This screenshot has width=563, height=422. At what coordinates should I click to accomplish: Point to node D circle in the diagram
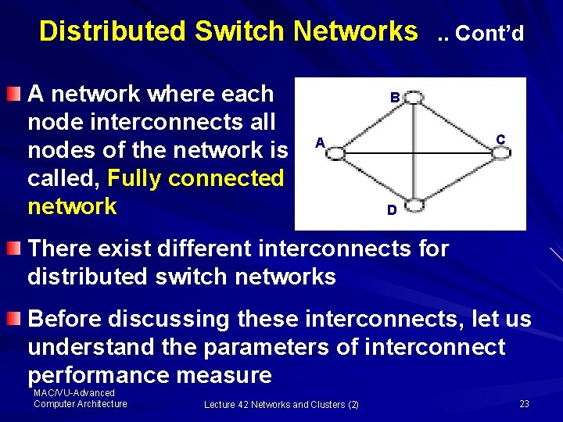pos(415,206)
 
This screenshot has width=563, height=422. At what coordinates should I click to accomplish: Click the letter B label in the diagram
pos(396,98)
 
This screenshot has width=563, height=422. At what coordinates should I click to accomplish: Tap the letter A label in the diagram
pos(319,142)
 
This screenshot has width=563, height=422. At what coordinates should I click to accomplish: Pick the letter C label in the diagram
pos(500,139)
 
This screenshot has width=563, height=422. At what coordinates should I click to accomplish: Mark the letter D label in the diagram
pos(392,210)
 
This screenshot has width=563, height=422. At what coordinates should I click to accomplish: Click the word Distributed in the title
pos(113,31)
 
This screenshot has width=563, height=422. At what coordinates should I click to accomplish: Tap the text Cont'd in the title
pos(489,34)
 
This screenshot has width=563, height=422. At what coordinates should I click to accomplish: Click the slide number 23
pos(524,404)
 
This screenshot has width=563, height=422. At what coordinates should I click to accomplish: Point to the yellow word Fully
pos(134,178)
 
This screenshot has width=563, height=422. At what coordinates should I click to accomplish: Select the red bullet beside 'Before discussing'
pos(14,319)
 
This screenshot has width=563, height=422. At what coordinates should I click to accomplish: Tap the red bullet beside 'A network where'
pos(14,95)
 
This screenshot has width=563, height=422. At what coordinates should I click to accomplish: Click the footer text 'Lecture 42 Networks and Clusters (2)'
pos(281,404)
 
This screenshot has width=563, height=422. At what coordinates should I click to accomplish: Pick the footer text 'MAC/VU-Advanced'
pos(74,393)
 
